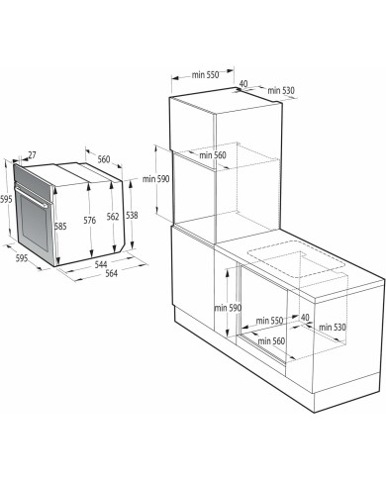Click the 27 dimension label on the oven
click(32, 154)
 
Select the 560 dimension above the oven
click(104, 159)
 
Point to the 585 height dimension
click(60, 227)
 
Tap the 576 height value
click(90, 220)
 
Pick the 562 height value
click(113, 217)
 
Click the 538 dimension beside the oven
click(132, 216)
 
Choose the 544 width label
click(101, 264)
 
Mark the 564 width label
click(111, 273)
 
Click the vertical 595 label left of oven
click(6, 199)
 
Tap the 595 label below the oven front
click(22, 258)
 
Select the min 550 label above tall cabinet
click(205, 75)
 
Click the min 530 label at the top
click(281, 90)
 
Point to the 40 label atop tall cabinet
click(243, 83)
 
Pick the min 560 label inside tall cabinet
click(213, 154)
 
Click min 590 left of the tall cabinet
click(155, 179)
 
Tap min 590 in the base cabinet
click(228, 308)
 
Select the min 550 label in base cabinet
click(269, 321)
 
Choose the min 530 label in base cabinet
click(333, 327)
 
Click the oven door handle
click(32, 197)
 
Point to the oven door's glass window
click(34, 222)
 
